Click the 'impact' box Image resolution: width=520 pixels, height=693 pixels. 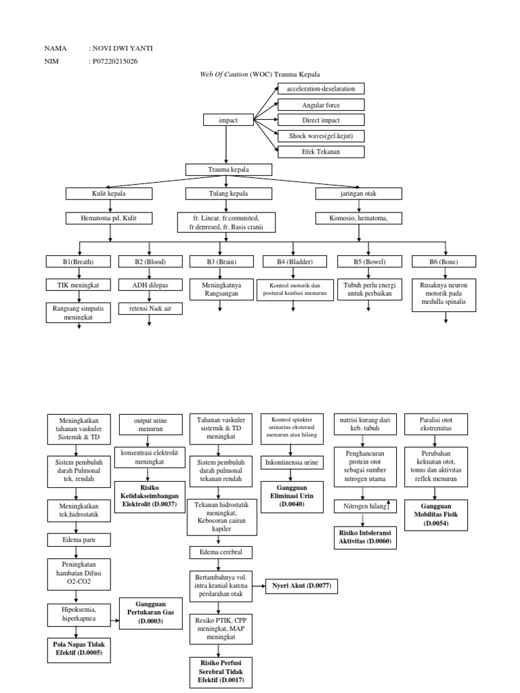tap(228, 120)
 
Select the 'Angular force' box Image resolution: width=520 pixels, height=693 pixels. tap(321, 105)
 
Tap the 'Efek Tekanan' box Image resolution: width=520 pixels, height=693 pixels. tap(321, 151)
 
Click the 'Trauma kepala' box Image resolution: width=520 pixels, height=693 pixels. tap(229, 169)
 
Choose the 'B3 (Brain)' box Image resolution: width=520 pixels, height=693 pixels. tap(221, 261)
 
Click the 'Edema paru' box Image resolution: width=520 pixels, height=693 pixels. tap(77, 539)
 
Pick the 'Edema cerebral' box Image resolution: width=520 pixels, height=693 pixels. tap(221, 552)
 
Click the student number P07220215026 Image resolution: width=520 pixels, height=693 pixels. tap(118, 62)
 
